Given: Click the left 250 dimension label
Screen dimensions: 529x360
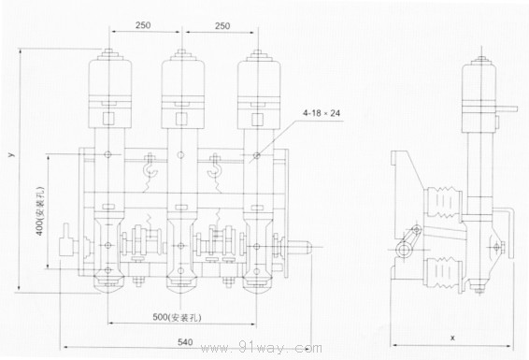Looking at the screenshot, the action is [143, 25].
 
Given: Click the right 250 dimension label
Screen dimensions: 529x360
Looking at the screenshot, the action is [222, 26].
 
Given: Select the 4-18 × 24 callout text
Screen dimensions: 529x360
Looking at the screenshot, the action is [322, 113].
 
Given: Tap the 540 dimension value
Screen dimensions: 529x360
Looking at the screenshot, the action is [185, 342].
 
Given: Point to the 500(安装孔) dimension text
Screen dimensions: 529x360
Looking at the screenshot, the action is [178, 317].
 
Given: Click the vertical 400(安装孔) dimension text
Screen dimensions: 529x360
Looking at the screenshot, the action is [40, 211].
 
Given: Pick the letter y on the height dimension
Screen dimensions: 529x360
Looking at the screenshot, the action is [12, 154].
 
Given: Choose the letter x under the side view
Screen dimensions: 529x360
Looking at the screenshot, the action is [452, 338].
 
